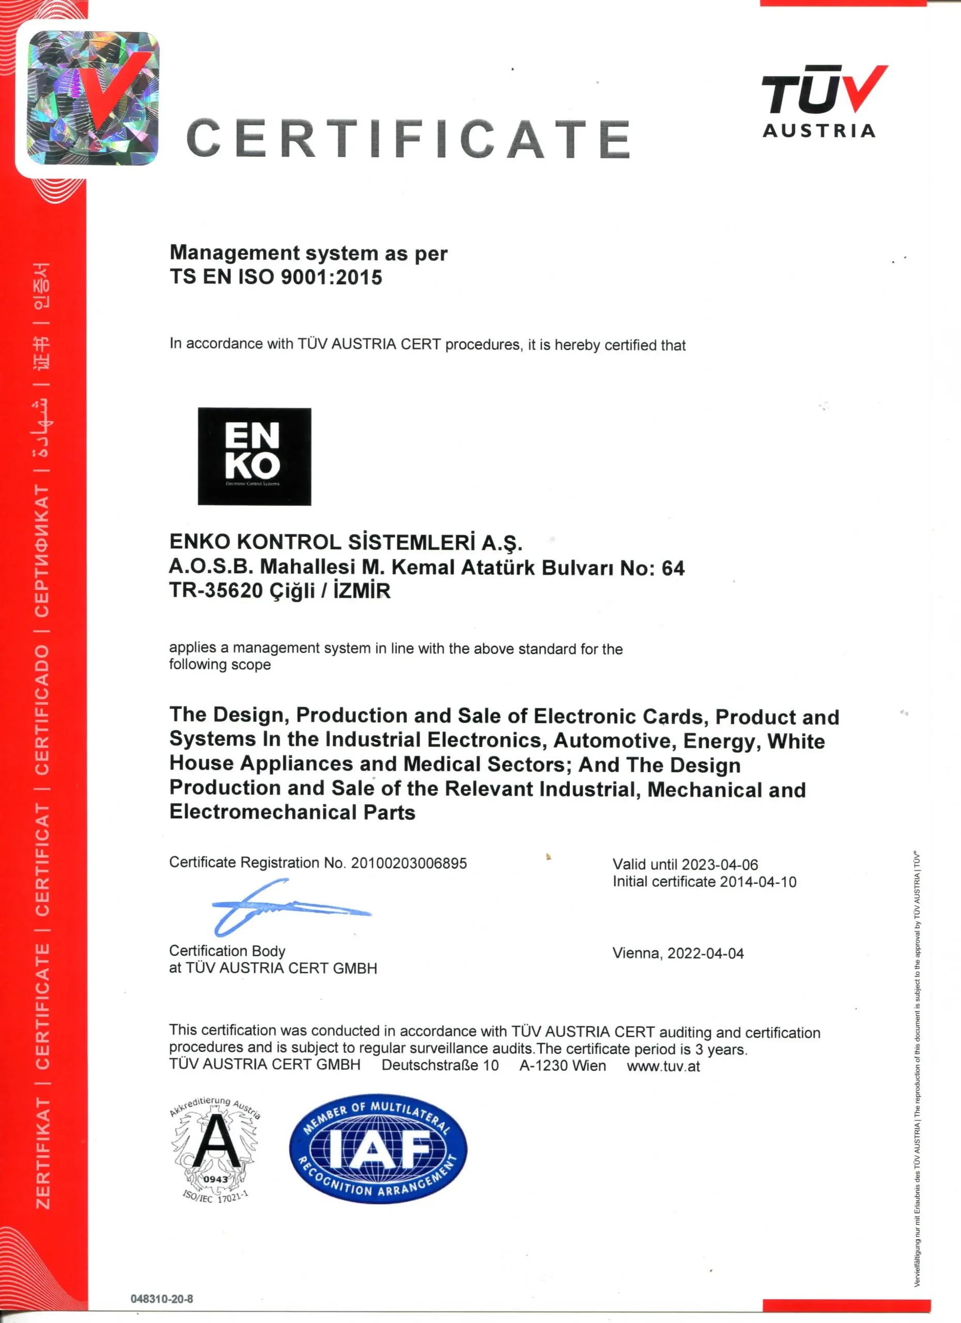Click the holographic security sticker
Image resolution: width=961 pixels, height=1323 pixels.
coord(94,98)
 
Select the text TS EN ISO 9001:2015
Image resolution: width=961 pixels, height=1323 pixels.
coord(276,276)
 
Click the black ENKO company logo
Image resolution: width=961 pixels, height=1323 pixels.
coord(254,456)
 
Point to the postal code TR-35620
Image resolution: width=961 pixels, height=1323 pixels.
coord(216,591)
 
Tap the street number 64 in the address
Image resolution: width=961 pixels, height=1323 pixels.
coord(673,567)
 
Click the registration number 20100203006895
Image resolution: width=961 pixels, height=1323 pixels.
coord(409,863)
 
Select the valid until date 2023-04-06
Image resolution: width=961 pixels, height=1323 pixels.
coord(720,864)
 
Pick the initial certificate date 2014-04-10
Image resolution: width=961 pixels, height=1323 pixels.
coord(758,882)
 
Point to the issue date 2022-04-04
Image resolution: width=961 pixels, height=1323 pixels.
coord(706,953)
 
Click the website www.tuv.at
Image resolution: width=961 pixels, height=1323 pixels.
coord(663,1066)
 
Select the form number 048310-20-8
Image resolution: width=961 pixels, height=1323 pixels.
coord(162,1299)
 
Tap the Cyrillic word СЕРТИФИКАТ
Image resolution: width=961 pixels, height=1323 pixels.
coord(42,551)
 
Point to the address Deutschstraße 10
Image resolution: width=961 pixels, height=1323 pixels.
coord(440,1065)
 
